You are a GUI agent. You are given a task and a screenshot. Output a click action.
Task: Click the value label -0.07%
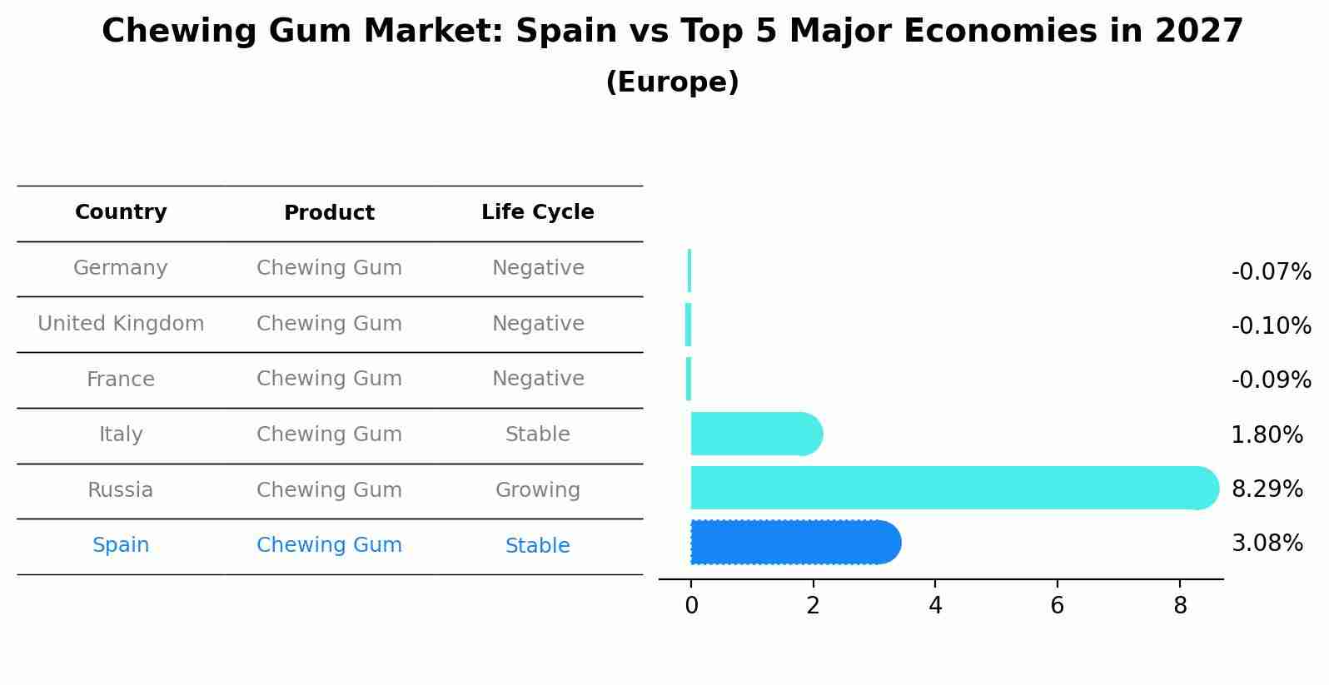pyautogui.click(x=1271, y=272)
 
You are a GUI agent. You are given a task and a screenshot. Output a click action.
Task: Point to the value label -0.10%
pyautogui.click(x=1271, y=326)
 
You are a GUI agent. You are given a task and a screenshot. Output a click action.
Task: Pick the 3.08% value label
pyautogui.click(x=1267, y=544)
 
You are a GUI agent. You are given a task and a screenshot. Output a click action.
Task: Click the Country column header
pyautogui.click(x=121, y=212)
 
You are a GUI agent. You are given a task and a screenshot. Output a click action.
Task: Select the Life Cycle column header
pyautogui.click(x=537, y=212)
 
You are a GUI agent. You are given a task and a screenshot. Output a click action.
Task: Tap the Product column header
pyautogui.click(x=329, y=213)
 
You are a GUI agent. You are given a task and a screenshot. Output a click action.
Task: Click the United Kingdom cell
pyautogui.click(x=121, y=324)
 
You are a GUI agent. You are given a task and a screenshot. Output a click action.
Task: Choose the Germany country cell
pyautogui.click(x=121, y=268)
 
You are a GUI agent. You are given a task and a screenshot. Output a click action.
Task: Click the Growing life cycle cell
pyautogui.click(x=537, y=490)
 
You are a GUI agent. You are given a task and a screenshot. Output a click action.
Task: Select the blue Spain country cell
pyautogui.click(x=121, y=545)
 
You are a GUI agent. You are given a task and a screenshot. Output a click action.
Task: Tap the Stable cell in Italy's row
pyautogui.click(x=537, y=434)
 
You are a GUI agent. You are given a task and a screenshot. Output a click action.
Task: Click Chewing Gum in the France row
pyautogui.click(x=329, y=379)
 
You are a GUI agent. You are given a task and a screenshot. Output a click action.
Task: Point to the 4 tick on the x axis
pyautogui.click(x=935, y=606)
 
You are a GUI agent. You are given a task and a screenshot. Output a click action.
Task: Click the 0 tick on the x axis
pyautogui.click(x=691, y=606)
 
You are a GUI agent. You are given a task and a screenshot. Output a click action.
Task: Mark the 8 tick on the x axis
pyautogui.click(x=1180, y=606)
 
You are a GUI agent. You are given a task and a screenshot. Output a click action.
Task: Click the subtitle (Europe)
pyautogui.click(x=672, y=82)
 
